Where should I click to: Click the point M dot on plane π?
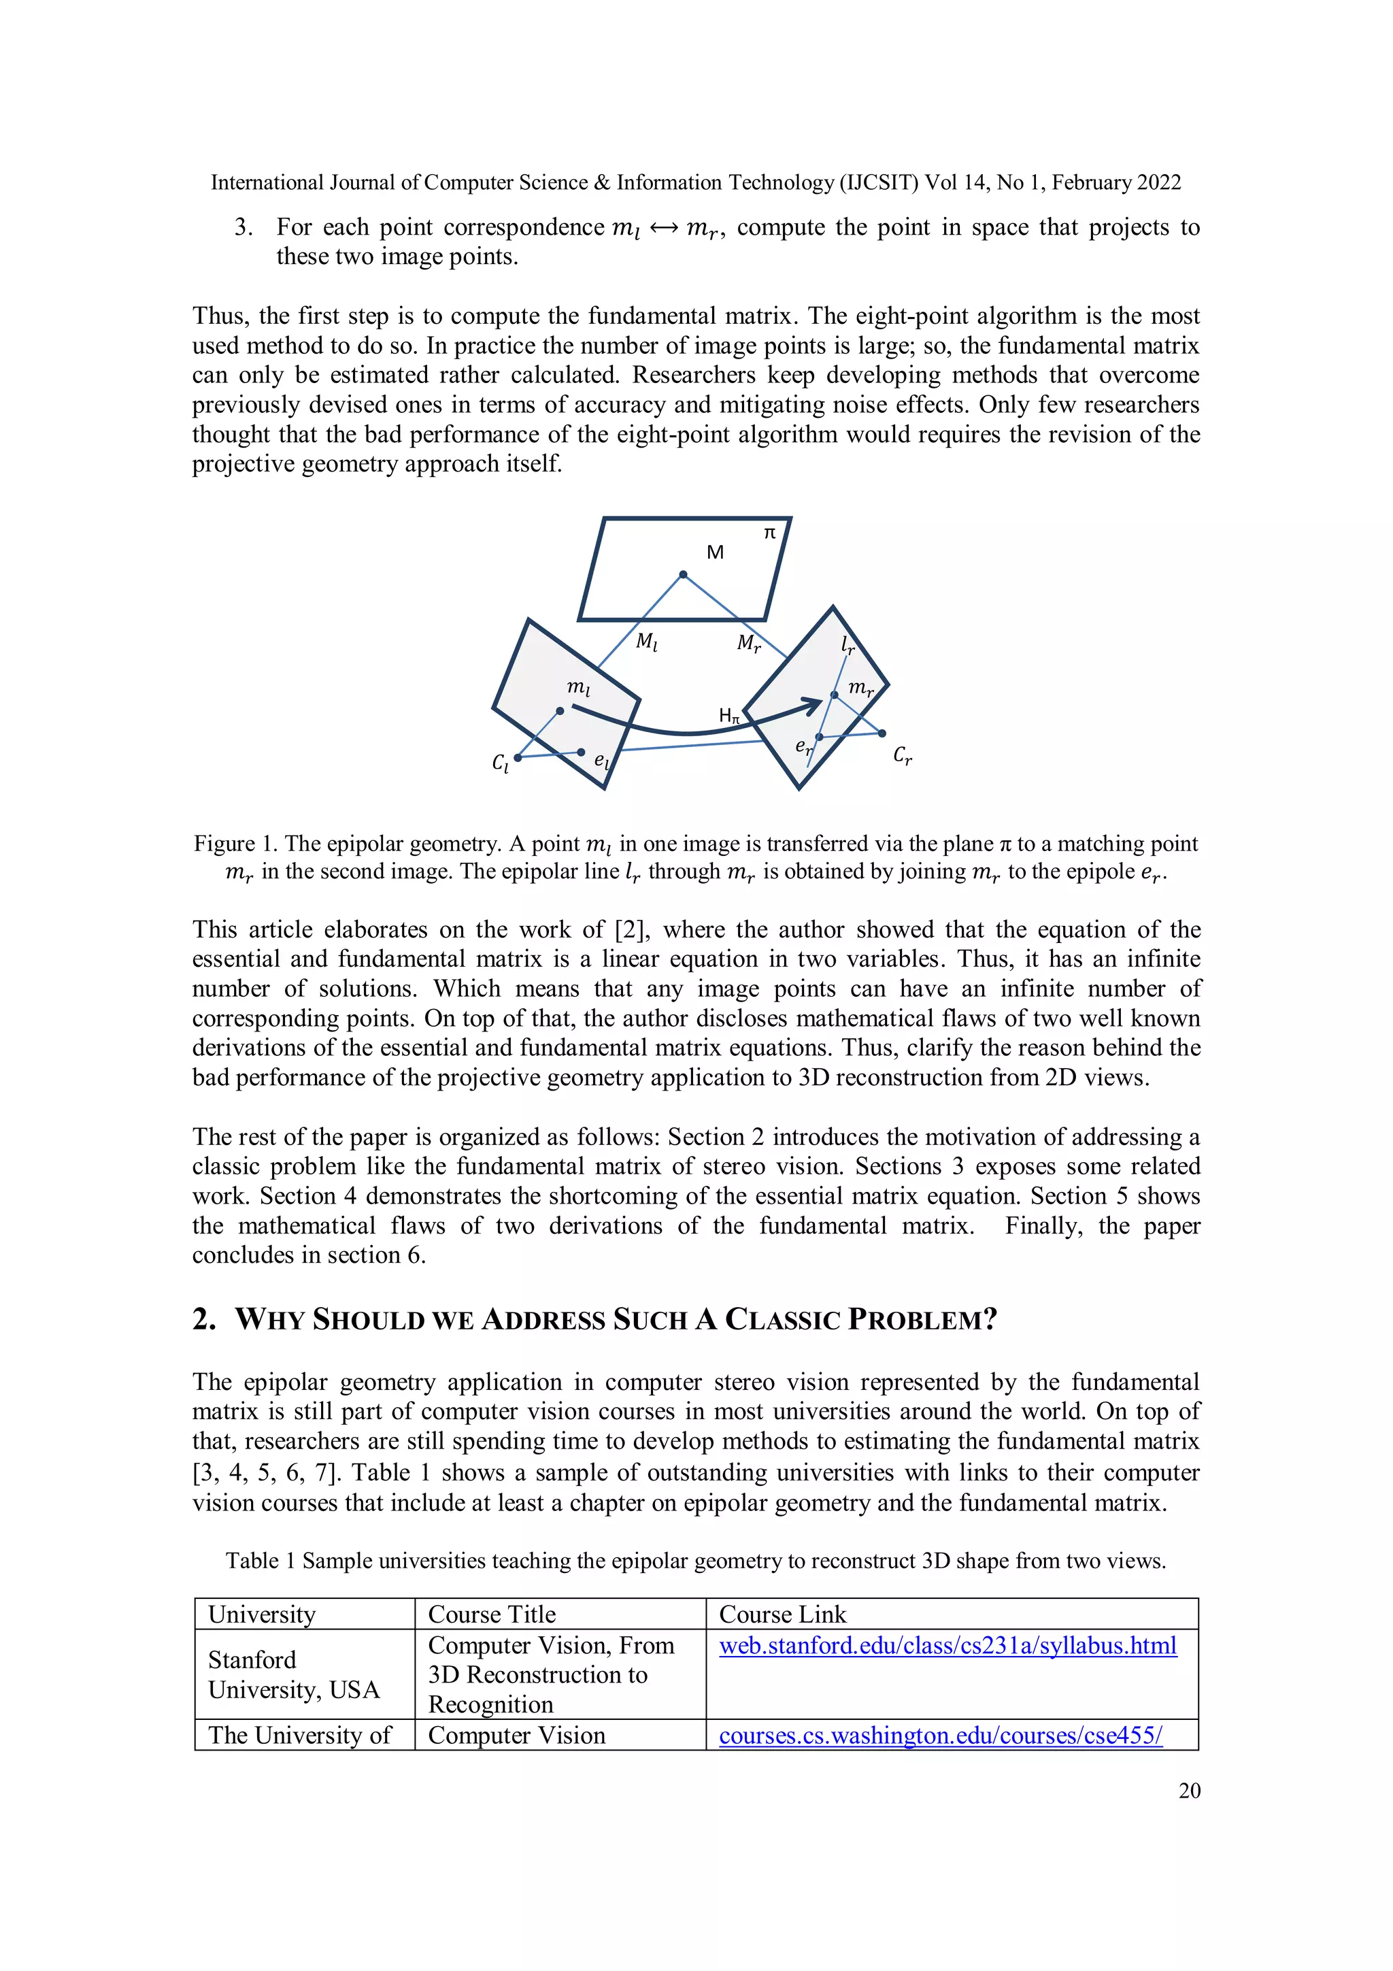point(683,574)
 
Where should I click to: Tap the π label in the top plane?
point(770,533)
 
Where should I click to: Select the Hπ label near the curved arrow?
point(728,715)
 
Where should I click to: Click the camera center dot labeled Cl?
point(518,757)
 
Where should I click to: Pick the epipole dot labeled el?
point(581,752)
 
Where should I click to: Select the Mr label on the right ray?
point(748,643)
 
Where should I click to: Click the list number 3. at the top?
point(244,227)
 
